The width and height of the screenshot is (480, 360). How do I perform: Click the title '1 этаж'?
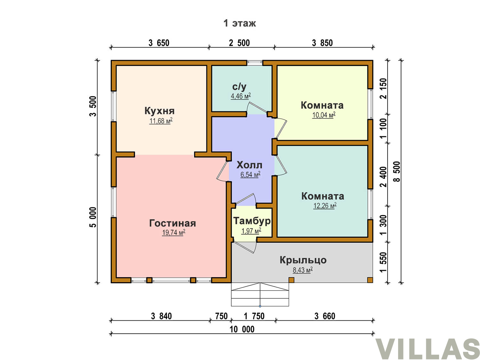pyautogui.click(x=239, y=23)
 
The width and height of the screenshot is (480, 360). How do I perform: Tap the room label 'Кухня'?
pyautogui.click(x=159, y=111)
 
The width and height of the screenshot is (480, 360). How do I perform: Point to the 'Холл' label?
pyautogui.click(x=249, y=165)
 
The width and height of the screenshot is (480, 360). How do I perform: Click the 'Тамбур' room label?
pyautogui.click(x=252, y=221)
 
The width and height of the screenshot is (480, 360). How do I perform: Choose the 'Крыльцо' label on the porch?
pyautogui.click(x=303, y=260)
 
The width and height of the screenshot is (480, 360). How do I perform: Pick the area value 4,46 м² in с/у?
pyautogui.click(x=241, y=96)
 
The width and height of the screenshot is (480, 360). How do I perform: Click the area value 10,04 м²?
pyautogui.click(x=324, y=115)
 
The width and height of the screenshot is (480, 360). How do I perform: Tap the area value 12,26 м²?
pyautogui.click(x=325, y=206)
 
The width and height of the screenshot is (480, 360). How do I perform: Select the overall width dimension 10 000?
pyautogui.click(x=242, y=329)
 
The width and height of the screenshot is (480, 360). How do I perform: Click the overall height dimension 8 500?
pyautogui.click(x=396, y=172)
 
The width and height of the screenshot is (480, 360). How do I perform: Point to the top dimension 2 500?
pyautogui.click(x=239, y=43)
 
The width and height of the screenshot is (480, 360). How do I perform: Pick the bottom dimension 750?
pyautogui.click(x=221, y=316)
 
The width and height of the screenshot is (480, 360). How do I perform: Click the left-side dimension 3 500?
pyautogui.click(x=93, y=106)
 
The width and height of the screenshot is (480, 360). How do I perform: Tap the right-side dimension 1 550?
pyautogui.click(x=383, y=262)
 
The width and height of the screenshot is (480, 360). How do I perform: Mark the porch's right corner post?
pyautogui.click(x=370, y=280)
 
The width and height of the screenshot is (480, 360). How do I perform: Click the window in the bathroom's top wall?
pyautogui.click(x=255, y=63)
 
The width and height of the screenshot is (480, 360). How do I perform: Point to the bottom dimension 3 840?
pyautogui.click(x=161, y=316)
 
